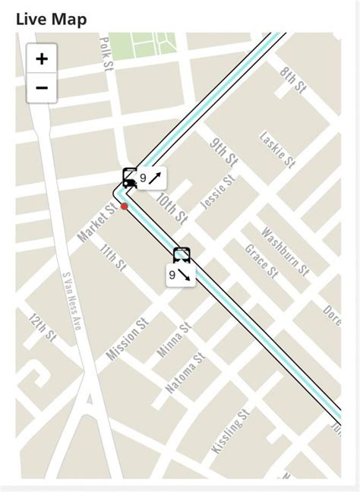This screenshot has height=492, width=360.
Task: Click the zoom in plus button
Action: pyautogui.click(x=42, y=58)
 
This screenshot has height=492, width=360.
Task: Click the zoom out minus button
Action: pyautogui.click(x=42, y=88)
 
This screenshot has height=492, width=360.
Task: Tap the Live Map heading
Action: pyautogui.click(x=51, y=19)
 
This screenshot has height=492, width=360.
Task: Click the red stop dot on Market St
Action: pyautogui.click(x=124, y=206)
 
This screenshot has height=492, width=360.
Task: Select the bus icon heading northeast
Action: pyautogui.click(x=130, y=178)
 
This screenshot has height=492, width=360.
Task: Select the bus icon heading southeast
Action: pyautogui.click(x=182, y=255)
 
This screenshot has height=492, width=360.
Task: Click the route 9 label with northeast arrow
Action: pyautogui.click(x=151, y=178)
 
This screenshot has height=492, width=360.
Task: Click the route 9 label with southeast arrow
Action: pyautogui.click(x=182, y=276)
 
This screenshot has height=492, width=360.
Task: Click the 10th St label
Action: pyautogui.click(x=171, y=207)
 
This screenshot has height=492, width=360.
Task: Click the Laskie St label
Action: pyautogui.click(x=276, y=150)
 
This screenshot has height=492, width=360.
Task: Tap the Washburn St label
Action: pyautogui.click(x=285, y=251)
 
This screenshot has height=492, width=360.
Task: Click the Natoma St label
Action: pyautogui.click(x=186, y=371)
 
